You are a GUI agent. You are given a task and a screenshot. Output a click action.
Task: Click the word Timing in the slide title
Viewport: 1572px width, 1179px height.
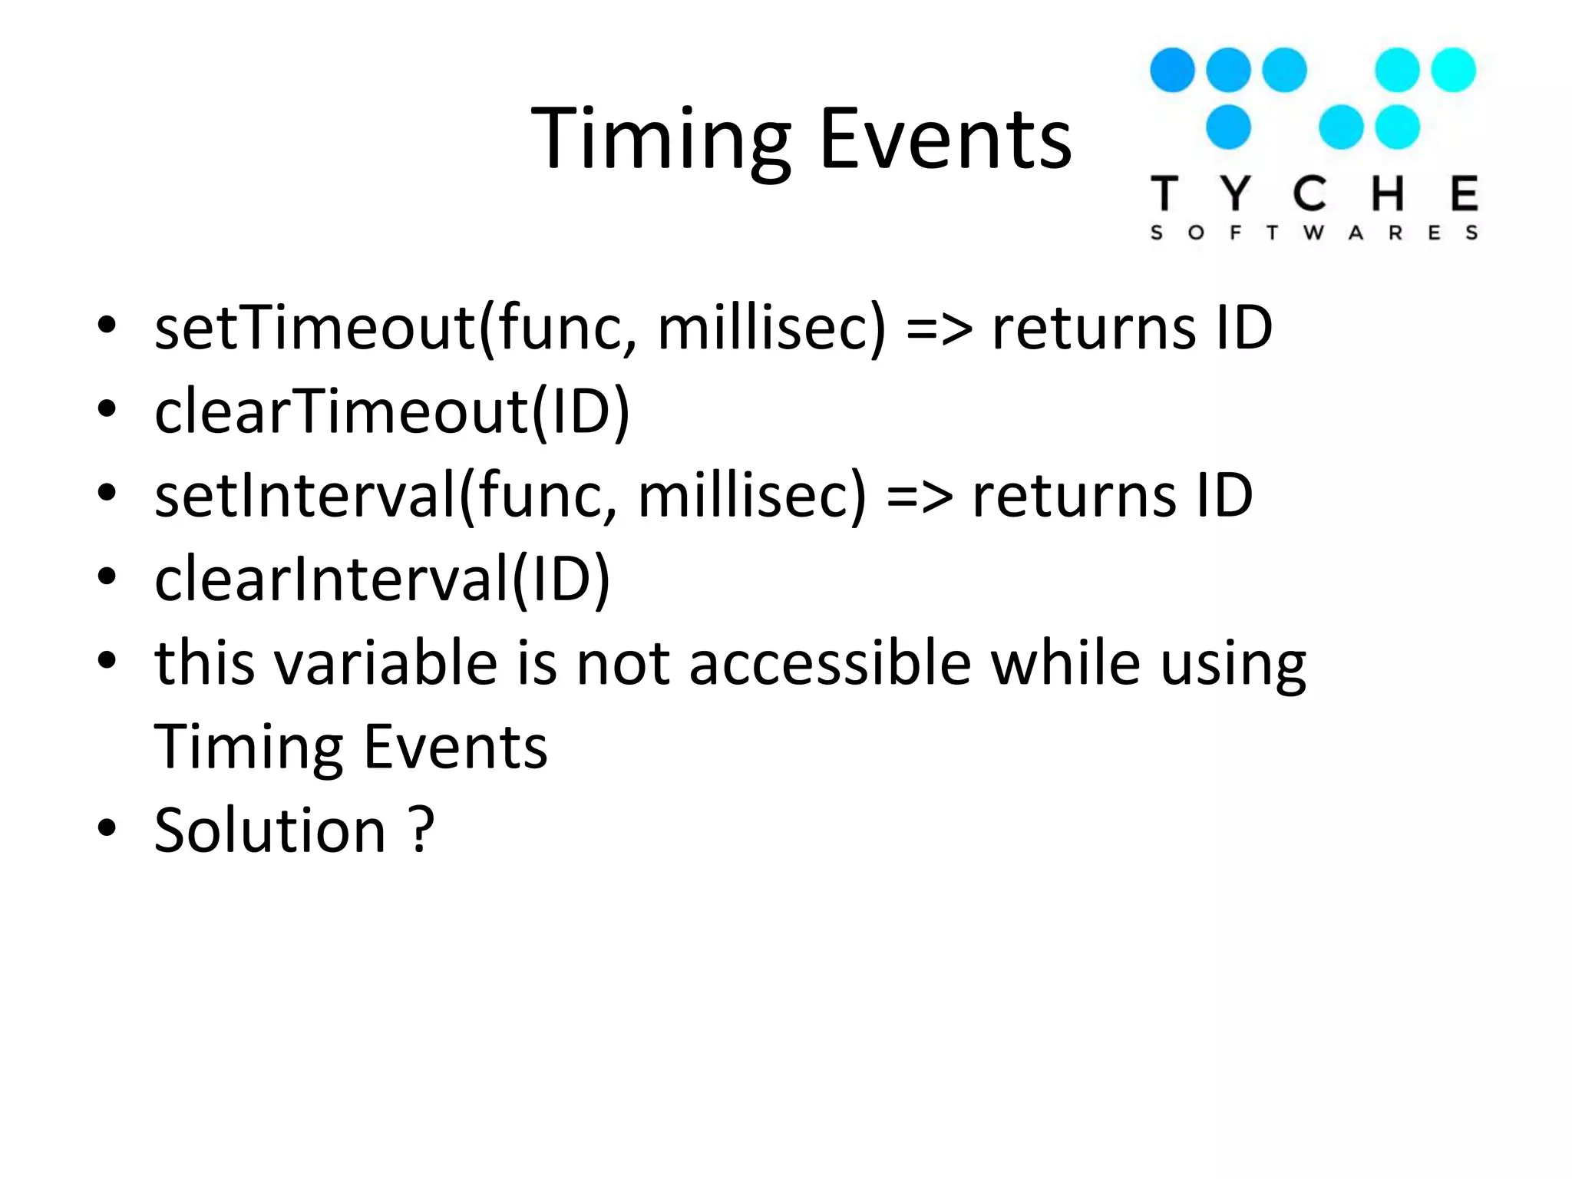[660, 140]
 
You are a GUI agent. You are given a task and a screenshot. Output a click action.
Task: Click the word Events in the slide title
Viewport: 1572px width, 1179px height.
[945, 140]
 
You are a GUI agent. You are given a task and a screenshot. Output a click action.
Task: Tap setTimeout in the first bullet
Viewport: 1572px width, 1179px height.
[315, 329]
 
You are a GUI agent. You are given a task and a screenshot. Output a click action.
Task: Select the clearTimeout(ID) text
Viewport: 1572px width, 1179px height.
[391, 412]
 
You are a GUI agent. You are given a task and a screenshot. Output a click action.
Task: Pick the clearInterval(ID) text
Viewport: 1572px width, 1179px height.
[382, 580]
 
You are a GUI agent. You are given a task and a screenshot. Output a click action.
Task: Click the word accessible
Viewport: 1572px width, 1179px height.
[830, 663]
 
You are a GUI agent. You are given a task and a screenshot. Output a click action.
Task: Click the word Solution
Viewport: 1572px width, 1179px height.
[269, 831]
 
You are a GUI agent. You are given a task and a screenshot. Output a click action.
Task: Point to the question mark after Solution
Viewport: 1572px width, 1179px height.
[421, 831]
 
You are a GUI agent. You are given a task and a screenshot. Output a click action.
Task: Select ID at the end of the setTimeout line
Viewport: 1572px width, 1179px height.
[1244, 329]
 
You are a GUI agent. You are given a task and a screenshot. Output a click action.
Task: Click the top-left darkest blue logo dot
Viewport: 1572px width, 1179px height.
[1172, 70]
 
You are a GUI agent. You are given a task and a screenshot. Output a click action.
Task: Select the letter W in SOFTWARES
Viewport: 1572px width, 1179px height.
[1313, 233]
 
